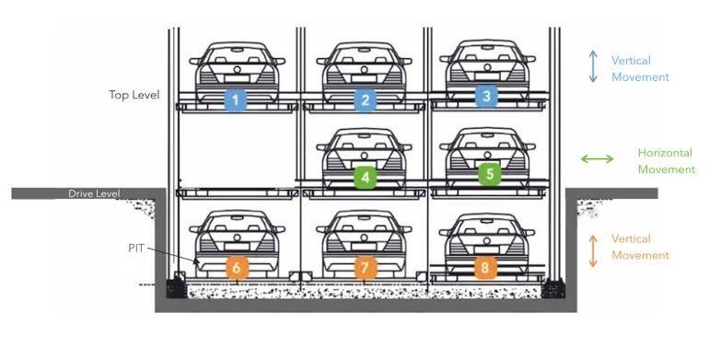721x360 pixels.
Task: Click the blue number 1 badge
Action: click(x=236, y=100)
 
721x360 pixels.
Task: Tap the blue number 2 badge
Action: click(x=365, y=100)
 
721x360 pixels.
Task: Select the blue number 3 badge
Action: click(x=486, y=96)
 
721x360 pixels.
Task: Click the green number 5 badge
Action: click(x=490, y=174)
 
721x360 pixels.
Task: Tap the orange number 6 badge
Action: click(x=237, y=268)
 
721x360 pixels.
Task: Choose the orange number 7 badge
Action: click(x=365, y=268)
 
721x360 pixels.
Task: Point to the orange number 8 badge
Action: click(x=486, y=268)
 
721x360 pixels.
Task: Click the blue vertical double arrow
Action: click(x=593, y=66)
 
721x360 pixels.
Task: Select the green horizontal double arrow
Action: click(x=597, y=159)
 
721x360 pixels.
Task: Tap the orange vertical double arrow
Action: click(x=593, y=251)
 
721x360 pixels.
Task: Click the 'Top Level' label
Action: click(x=134, y=95)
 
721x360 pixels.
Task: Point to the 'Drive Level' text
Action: click(x=94, y=193)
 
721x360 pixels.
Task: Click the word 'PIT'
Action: click(x=136, y=249)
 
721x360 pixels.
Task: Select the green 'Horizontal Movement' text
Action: click(x=667, y=161)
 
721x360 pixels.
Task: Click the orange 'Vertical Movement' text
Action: click(x=640, y=247)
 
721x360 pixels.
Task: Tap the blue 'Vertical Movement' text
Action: click(x=640, y=68)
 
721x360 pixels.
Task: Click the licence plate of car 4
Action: click(x=364, y=164)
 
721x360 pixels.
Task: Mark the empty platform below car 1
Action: click(x=238, y=192)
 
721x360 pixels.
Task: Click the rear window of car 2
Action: click(x=364, y=55)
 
